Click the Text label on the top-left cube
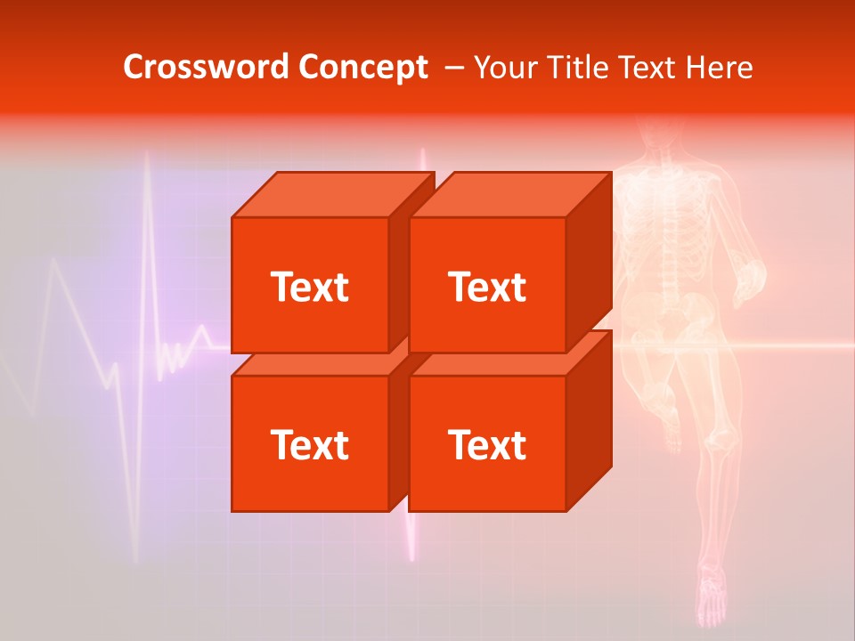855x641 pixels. tap(309, 287)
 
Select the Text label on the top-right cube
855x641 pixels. tap(486, 287)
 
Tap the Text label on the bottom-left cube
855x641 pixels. tap(309, 444)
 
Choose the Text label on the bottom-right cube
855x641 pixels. tap(486, 444)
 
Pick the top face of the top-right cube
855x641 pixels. tap(509, 195)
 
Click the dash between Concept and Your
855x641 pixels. tap(452, 68)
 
